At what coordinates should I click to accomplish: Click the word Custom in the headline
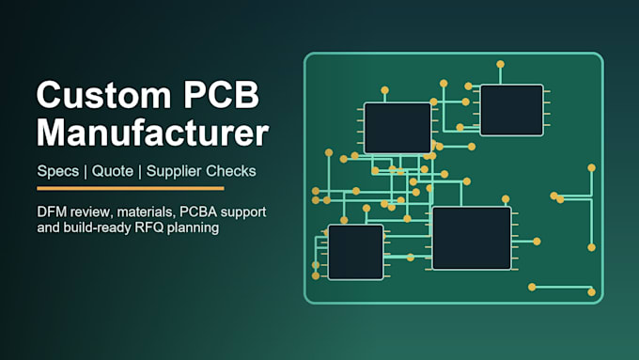(x=104, y=95)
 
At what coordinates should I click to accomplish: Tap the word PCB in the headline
(x=221, y=95)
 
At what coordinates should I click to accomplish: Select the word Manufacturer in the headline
(x=153, y=133)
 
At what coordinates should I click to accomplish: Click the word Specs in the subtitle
(x=58, y=171)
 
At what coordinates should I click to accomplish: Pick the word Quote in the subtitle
(x=113, y=171)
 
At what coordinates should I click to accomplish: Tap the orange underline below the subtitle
(x=131, y=188)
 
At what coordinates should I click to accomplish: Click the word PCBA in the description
(x=198, y=212)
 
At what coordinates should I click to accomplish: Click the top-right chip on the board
(x=512, y=110)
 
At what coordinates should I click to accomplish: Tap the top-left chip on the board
(x=397, y=129)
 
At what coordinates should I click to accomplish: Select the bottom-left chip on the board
(x=356, y=252)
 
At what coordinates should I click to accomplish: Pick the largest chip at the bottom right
(x=472, y=238)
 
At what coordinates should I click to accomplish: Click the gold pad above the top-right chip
(x=501, y=64)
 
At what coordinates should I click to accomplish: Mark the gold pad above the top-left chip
(x=384, y=90)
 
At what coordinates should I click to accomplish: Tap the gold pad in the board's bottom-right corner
(x=591, y=292)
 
